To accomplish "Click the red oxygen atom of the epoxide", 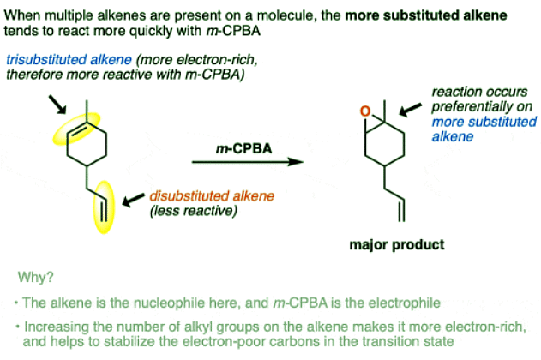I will (x=365, y=111).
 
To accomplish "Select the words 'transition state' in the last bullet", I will (x=443, y=342).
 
